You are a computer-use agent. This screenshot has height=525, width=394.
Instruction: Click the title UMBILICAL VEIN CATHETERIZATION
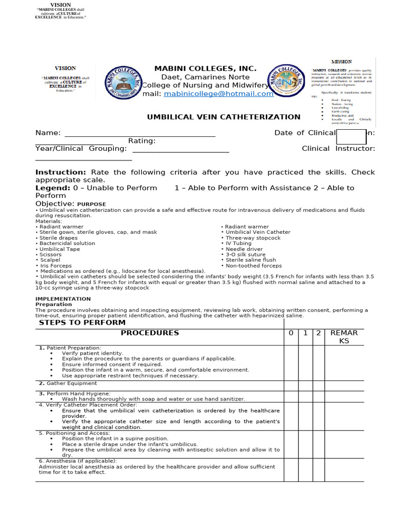224,117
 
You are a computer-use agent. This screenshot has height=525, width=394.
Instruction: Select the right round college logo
286,82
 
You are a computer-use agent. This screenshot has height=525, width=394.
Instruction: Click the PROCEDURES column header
150,333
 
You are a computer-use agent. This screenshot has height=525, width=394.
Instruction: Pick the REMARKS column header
344,337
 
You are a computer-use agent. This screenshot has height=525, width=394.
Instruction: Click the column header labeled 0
291,333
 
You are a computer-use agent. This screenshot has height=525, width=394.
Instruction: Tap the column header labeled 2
318,333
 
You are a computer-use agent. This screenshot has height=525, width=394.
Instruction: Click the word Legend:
52,188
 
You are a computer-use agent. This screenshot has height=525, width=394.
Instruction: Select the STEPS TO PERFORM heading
82,323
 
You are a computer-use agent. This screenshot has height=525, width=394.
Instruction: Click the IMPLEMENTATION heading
63,299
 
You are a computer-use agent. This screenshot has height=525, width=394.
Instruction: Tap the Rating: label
142,141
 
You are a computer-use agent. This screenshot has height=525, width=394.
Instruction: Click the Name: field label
47,133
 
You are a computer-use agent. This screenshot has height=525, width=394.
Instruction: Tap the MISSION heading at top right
342,62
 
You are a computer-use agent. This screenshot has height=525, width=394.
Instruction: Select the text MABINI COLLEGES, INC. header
205,69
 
